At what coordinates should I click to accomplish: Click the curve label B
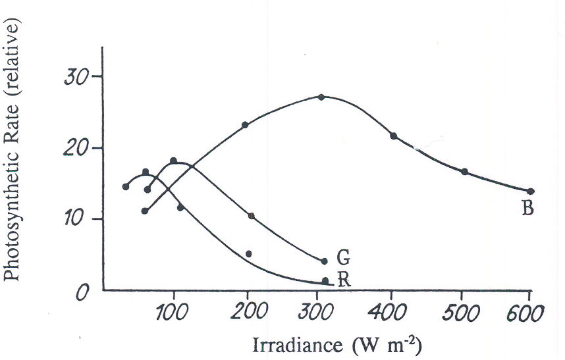coord(527,210)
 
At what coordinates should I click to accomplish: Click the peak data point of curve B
coord(321,97)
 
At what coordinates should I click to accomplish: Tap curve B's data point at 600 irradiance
coord(531,192)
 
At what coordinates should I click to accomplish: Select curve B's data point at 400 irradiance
coord(394,136)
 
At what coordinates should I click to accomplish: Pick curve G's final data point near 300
coord(324,261)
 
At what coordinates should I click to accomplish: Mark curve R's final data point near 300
coord(325,281)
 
